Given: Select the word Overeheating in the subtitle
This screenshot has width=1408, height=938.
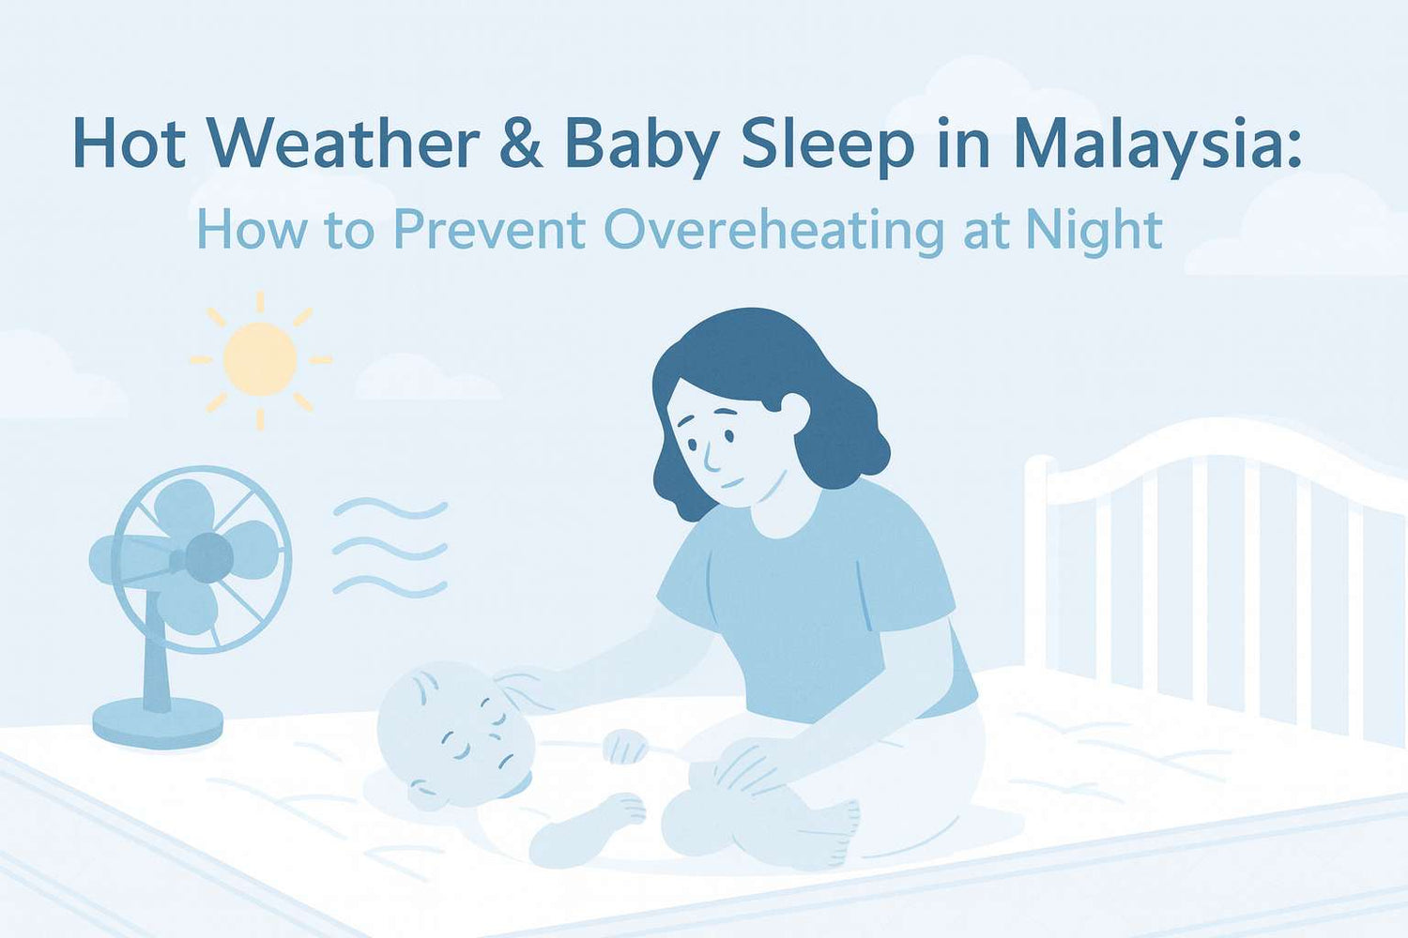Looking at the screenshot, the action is [x=773, y=231].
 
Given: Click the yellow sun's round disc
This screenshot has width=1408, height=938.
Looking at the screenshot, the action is [x=260, y=359].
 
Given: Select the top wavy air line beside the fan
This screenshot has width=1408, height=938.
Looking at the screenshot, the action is [x=390, y=507].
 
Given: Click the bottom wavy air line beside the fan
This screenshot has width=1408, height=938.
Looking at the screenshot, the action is [x=390, y=587].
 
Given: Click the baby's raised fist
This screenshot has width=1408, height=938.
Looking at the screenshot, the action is [x=625, y=747].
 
